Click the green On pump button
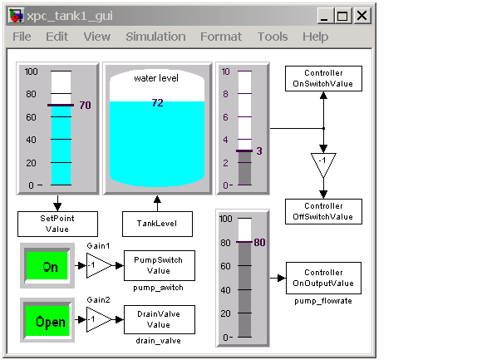(x=47, y=265)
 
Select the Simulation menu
(x=155, y=37)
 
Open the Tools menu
(x=273, y=37)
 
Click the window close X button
(x=362, y=15)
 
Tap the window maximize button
(x=342, y=15)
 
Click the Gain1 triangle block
(x=99, y=265)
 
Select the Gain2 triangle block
(x=99, y=320)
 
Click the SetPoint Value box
(x=57, y=224)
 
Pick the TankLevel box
(x=157, y=224)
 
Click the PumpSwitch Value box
(x=160, y=265)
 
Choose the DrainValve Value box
(x=160, y=319)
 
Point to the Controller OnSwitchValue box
(x=323, y=78)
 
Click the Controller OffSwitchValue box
(x=323, y=211)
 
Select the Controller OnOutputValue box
(x=323, y=278)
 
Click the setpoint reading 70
(x=85, y=105)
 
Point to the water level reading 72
(x=157, y=103)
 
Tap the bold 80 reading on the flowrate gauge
(x=260, y=242)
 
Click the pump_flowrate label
(x=323, y=301)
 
